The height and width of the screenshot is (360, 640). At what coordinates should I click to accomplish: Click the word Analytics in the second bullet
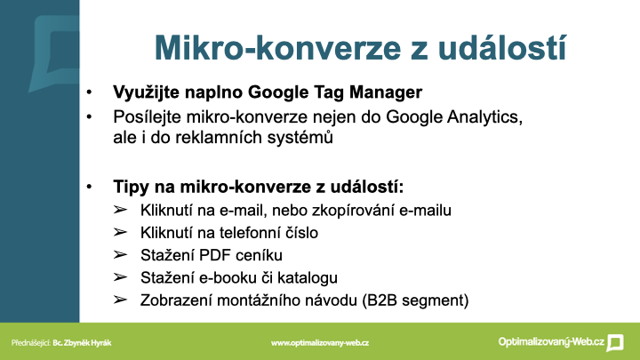coord(485,117)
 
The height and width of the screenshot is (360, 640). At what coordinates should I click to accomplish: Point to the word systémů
coord(300,138)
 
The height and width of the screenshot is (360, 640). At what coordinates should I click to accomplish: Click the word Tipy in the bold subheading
coord(132,188)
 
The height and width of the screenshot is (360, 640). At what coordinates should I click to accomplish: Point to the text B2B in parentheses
coord(382,300)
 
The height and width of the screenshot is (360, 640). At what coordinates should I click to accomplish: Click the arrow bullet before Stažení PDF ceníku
coord(120,255)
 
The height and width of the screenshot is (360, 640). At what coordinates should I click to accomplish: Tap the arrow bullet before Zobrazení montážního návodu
coord(120,300)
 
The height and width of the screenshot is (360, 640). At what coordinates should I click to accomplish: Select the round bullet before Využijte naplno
coord(89,92)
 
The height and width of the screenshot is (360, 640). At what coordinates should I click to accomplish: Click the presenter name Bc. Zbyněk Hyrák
coord(82,343)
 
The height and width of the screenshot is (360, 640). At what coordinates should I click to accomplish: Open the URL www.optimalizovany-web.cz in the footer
coord(320,343)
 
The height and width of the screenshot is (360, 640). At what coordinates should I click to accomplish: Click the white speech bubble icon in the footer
coord(615,343)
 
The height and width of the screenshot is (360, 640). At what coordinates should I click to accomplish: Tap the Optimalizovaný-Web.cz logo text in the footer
coord(551,342)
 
